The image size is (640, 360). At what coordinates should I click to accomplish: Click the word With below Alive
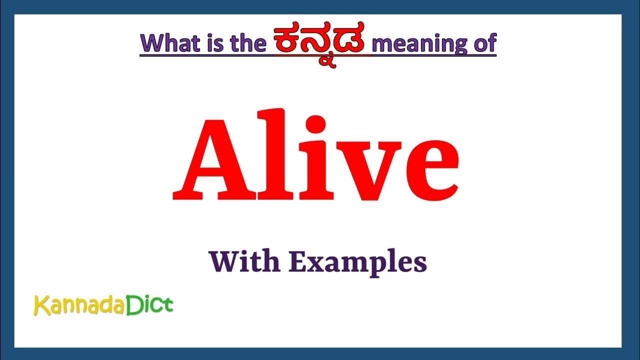click(243, 261)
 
